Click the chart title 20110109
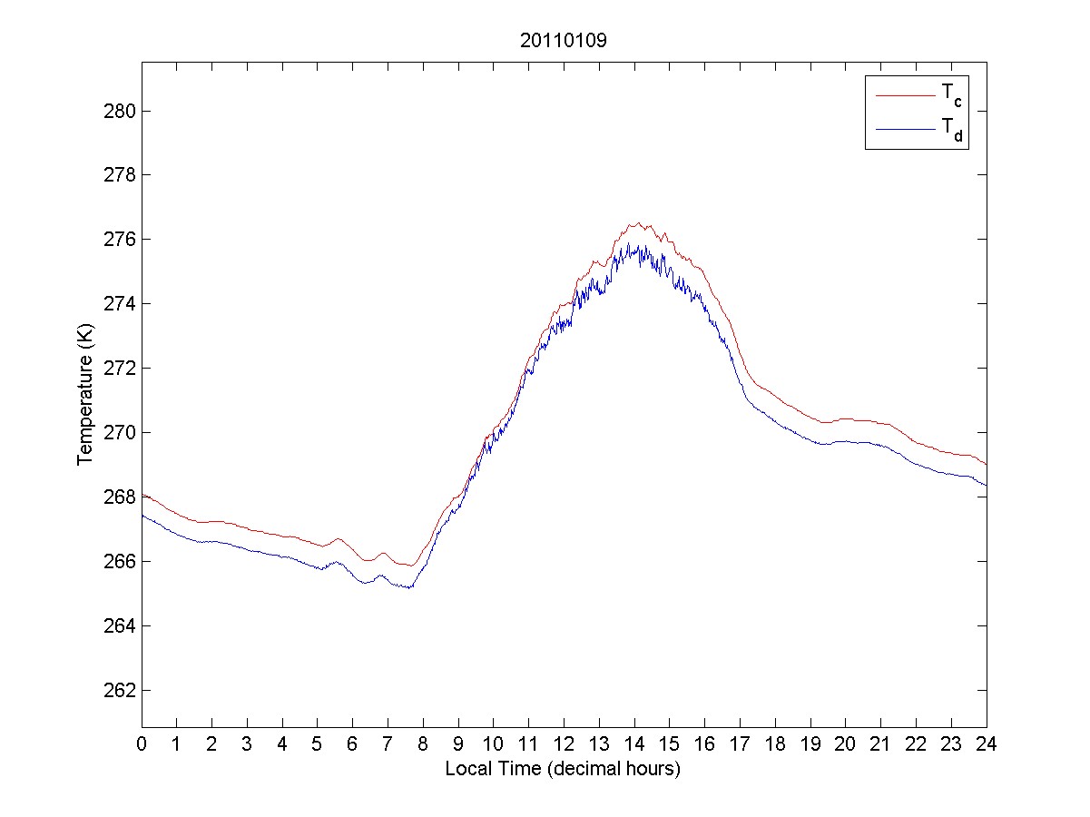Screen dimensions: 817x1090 (563, 41)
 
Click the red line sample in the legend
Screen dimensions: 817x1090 (905, 94)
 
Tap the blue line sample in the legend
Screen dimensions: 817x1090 (905, 130)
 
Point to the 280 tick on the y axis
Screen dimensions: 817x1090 (121, 111)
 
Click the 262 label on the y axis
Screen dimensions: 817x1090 (121, 690)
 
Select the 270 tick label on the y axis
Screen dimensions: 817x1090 (121, 433)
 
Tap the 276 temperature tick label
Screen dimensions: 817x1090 (121, 240)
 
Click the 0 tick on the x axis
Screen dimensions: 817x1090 (142, 743)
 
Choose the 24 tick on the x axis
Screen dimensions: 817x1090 (987, 743)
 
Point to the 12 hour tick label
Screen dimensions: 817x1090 (564, 743)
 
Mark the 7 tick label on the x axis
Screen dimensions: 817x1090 (388, 743)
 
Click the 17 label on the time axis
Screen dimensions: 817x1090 (740, 743)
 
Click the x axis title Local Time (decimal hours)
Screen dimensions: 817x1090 (563, 769)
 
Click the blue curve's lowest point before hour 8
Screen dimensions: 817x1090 (410, 588)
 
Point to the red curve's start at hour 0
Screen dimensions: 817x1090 (142, 494)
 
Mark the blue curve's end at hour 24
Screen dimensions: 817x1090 (986, 485)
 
